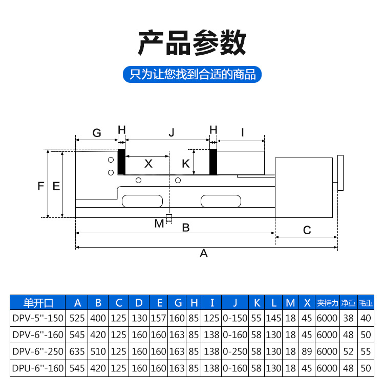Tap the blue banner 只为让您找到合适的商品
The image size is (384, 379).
pyautogui.click(x=192, y=75)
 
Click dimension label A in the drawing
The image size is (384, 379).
pyautogui.click(x=203, y=253)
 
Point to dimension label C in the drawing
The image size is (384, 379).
pyautogui.click(x=307, y=230)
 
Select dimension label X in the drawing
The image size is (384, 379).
pyautogui.click(x=148, y=164)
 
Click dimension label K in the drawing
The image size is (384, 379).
pyautogui.click(x=186, y=164)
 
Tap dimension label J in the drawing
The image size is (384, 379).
pyautogui.click(x=172, y=133)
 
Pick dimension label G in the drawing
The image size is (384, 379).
pyautogui.click(x=97, y=133)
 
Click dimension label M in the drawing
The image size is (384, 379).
pyautogui.click(x=159, y=223)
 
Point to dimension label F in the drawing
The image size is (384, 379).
pyautogui.click(x=41, y=186)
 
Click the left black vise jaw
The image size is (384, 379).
pyautogui.click(x=122, y=162)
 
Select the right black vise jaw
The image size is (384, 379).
pyautogui.click(x=214, y=162)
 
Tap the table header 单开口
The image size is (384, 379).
pyautogui.click(x=38, y=303)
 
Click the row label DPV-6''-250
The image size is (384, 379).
pyautogui.click(x=38, y=351)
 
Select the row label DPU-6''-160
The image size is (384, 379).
pyautogui.click(x=38, y=368)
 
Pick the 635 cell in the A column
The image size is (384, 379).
pyautogui.click(x=77, y=351)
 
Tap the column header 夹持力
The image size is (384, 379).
pyautogui.click(x=327, y=303)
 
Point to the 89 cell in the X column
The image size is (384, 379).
pyautogui.click(x=307, y=351)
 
